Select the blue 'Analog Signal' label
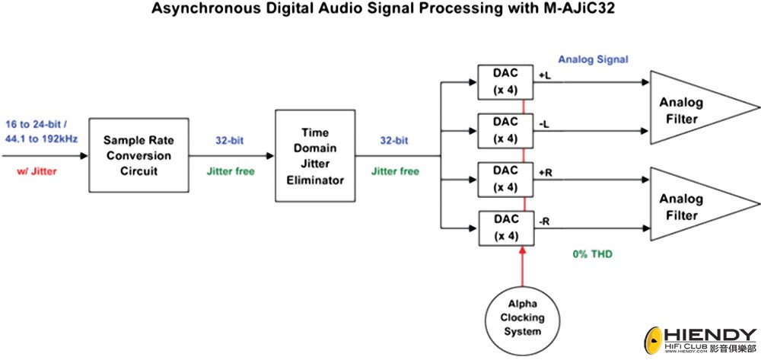[593, 59]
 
